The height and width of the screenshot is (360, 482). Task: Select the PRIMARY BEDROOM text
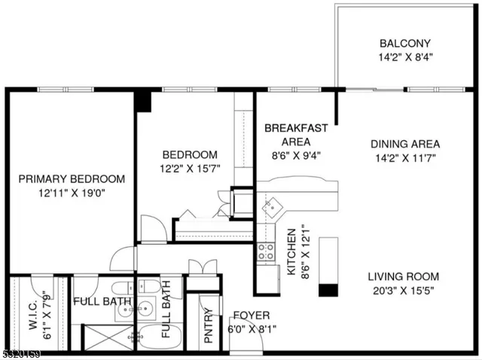72,179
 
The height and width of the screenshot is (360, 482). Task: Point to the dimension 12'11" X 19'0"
72,193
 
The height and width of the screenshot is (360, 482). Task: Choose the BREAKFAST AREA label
296,134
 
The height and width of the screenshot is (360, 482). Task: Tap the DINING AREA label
404,144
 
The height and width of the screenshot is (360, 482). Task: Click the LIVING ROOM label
404,276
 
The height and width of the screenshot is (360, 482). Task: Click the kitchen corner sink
270,204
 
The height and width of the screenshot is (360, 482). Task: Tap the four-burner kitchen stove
266,252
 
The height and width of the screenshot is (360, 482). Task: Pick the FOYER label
251,314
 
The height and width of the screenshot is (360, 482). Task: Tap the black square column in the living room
327,290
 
